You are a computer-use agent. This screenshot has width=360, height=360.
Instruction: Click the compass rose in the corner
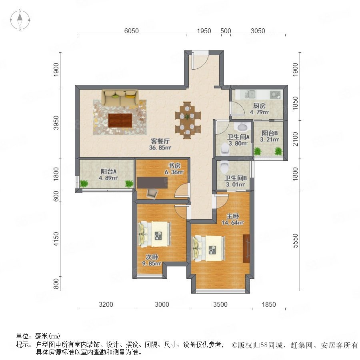coord(20,20)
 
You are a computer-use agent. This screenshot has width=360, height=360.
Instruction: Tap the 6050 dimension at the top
coord(131,31)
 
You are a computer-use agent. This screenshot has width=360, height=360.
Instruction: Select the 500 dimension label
coord(226,31)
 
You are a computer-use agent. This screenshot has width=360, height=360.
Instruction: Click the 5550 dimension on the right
coord(295,241)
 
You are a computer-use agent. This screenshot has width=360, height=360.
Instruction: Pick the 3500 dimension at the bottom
coord(220,304)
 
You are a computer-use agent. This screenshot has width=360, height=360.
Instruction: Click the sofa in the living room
coord(120,98)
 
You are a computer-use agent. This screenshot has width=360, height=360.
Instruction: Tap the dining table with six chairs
coord(188,120)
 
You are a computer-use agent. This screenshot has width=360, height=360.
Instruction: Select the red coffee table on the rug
coord(120,120)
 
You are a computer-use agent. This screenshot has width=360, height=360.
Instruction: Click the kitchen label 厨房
coord(259,106)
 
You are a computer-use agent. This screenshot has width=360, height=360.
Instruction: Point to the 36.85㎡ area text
coord(160,147)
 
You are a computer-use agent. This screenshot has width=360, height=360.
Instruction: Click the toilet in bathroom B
coord(224,167)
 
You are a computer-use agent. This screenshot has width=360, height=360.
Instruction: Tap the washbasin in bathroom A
coord(241,127)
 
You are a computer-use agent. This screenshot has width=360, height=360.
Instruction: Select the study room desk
coord(152,183)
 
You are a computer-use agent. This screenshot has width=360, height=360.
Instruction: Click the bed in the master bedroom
coord(208,248)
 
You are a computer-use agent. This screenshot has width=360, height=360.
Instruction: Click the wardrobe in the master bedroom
coord(246,248)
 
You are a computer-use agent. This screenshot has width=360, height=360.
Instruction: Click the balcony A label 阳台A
coord(108,171)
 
